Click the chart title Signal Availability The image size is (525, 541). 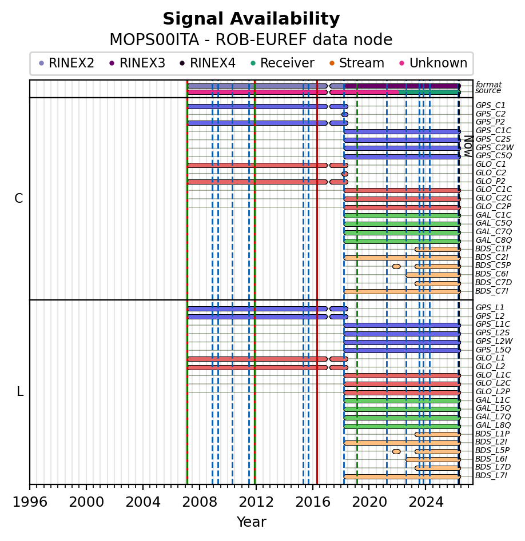tap(251, 19)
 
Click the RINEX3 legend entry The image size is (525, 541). tap(137, 63)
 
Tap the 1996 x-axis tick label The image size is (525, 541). tap(30, 503)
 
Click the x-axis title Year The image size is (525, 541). tap(251, 522)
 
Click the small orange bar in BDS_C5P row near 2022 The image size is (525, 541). tap(396, 266)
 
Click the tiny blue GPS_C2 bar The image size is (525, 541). tap(345, 114)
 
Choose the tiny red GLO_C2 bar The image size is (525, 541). tap(345, 174)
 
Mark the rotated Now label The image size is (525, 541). tap(468, 146)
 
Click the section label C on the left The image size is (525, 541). tap(19, 199)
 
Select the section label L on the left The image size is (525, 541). tap(20, 392)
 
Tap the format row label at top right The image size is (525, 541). tap(488, 85)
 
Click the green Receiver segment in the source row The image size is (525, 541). tap(429, 92)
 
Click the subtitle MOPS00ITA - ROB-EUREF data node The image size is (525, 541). tap(251, 40)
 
